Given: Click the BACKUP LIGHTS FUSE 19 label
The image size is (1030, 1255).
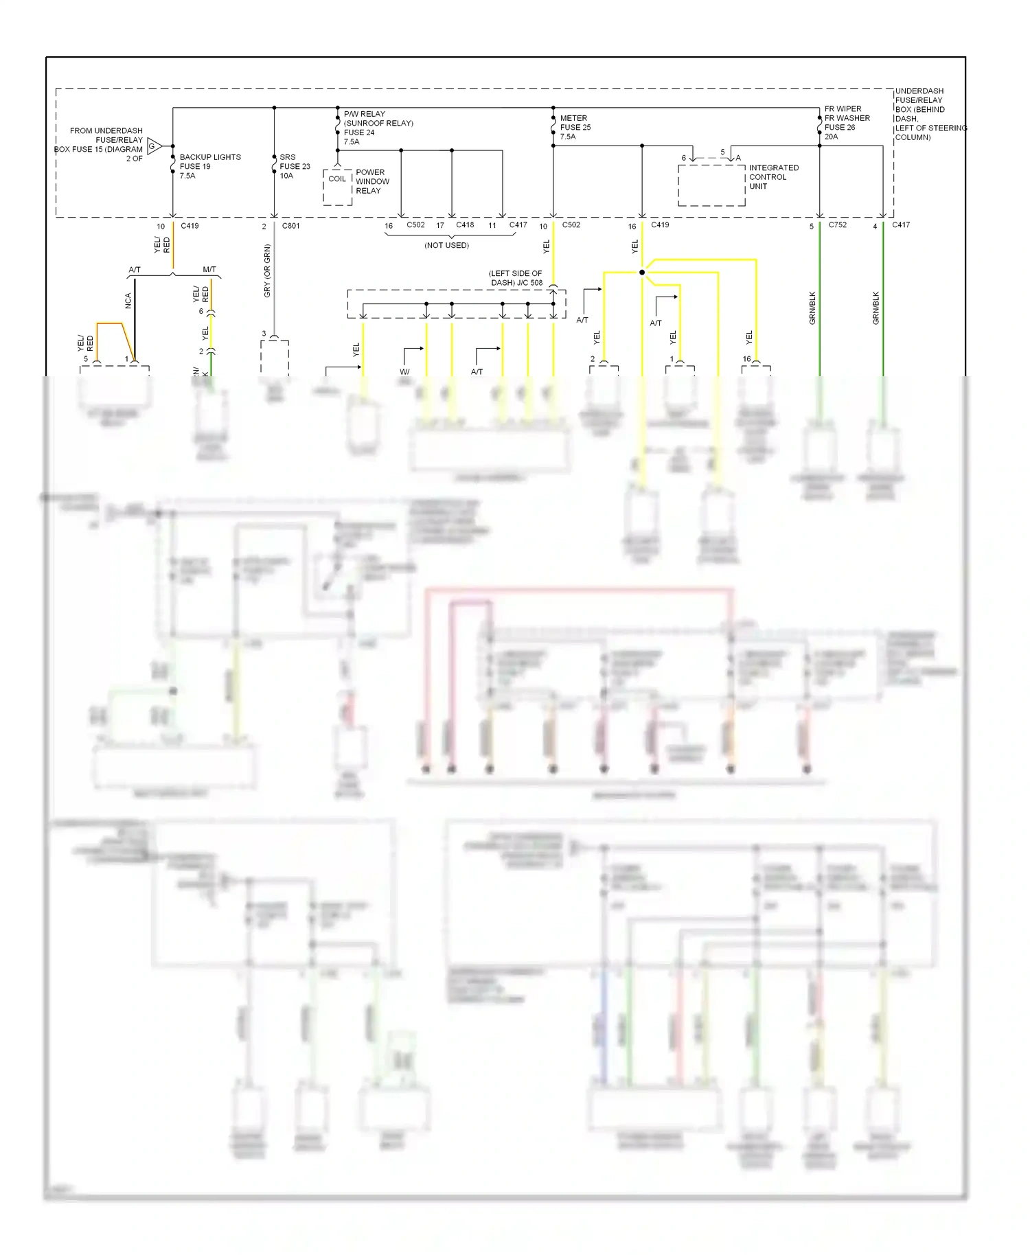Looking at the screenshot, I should coord(209,166).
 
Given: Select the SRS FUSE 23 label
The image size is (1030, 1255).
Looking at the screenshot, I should coord(295,166).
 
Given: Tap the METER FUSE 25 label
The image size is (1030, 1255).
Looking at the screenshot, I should coord(575,127).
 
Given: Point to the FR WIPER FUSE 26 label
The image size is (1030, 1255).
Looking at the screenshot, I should coord(847,122).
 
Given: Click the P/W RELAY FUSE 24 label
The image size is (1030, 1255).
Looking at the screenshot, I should coord(378,128).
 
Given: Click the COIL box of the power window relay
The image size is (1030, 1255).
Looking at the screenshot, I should coord(337,179).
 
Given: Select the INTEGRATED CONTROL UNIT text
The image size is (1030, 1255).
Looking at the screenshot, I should coord(773,177).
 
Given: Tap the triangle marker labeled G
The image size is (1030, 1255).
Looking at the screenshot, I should coord(154,146).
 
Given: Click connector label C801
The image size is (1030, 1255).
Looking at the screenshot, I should coord(290,226).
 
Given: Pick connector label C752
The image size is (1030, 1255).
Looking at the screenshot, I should coord(837,225).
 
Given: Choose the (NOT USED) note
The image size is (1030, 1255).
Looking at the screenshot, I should coord(446,245).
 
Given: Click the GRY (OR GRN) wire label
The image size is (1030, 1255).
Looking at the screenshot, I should coord(267,270).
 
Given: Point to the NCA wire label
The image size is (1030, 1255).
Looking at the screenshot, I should coord(128,301).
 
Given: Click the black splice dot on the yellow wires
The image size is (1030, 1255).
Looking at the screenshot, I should coord(642,273).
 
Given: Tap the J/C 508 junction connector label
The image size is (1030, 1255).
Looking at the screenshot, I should coord(516,278).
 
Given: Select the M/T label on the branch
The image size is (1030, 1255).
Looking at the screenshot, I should coord(209,270).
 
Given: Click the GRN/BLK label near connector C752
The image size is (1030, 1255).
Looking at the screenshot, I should coord(812,308).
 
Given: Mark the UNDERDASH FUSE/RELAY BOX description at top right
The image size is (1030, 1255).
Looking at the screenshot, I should coord(929,114).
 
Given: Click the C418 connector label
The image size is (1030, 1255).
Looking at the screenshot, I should coord(465,225).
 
